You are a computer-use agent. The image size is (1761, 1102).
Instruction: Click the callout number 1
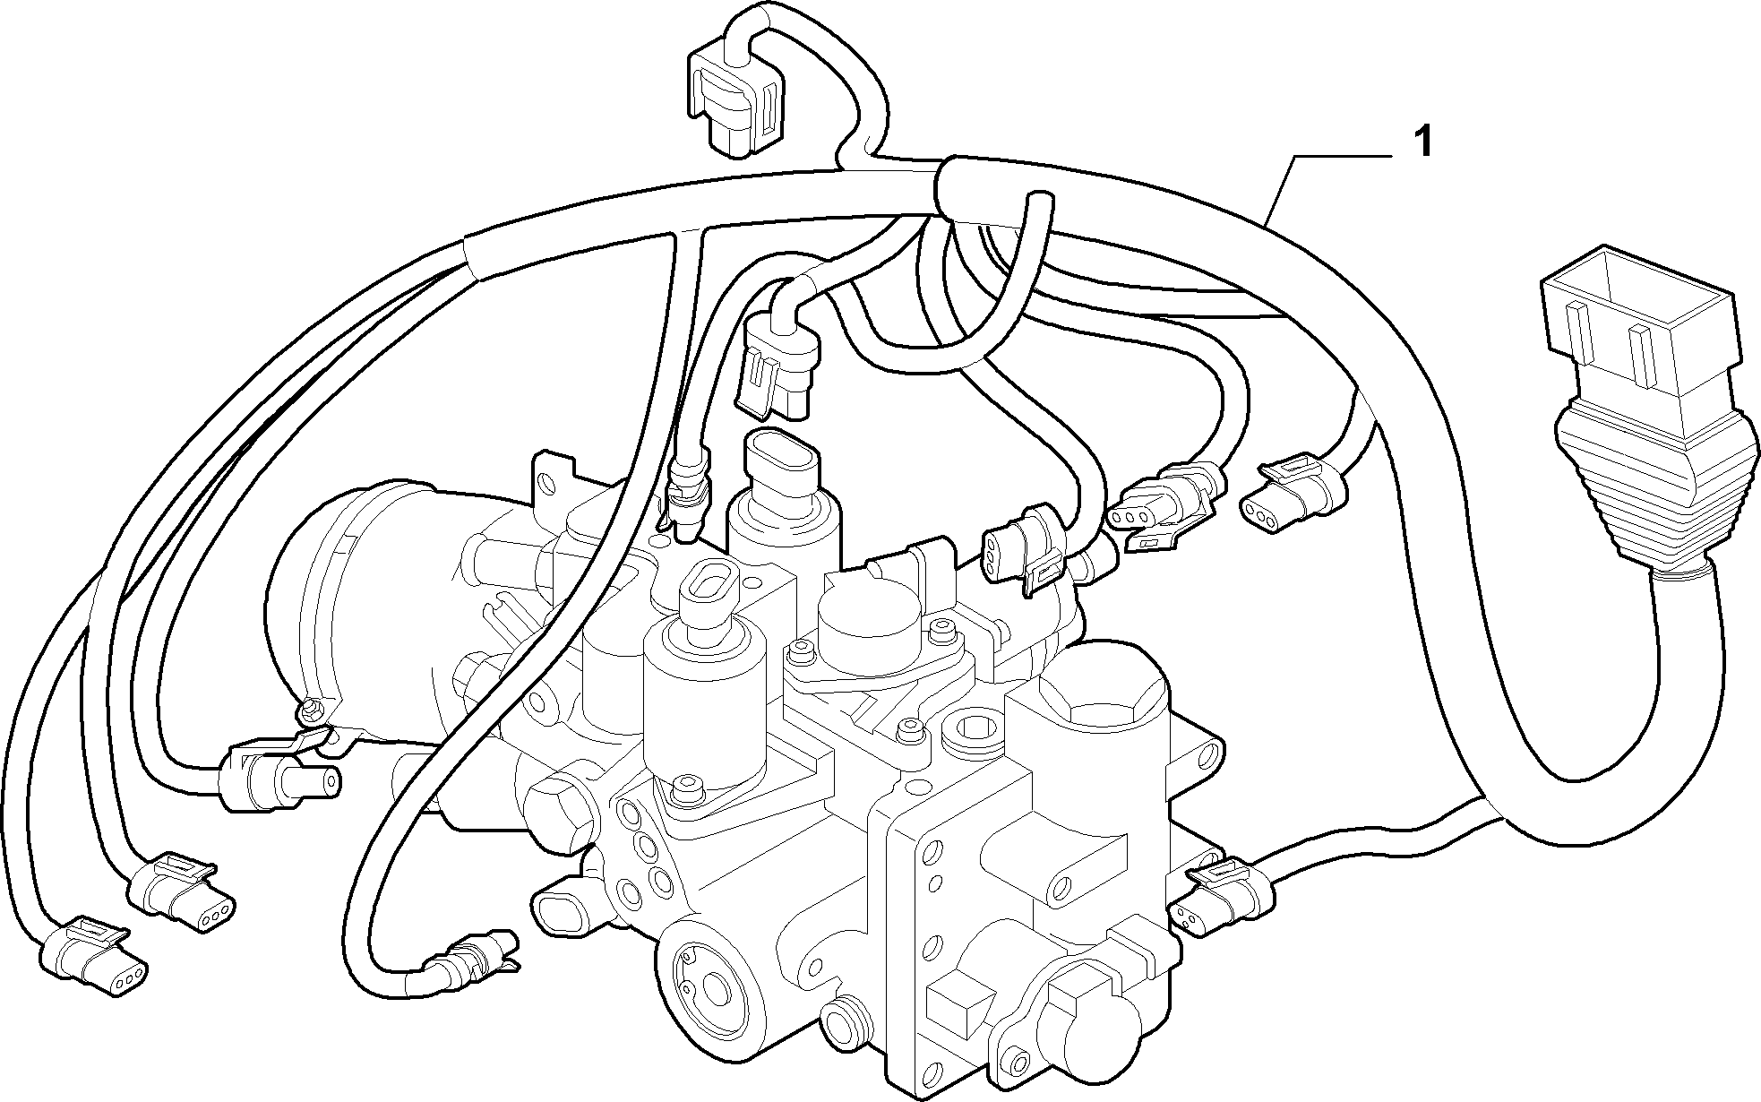[1422, 143]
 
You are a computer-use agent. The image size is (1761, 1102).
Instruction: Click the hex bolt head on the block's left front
[557, 811]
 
